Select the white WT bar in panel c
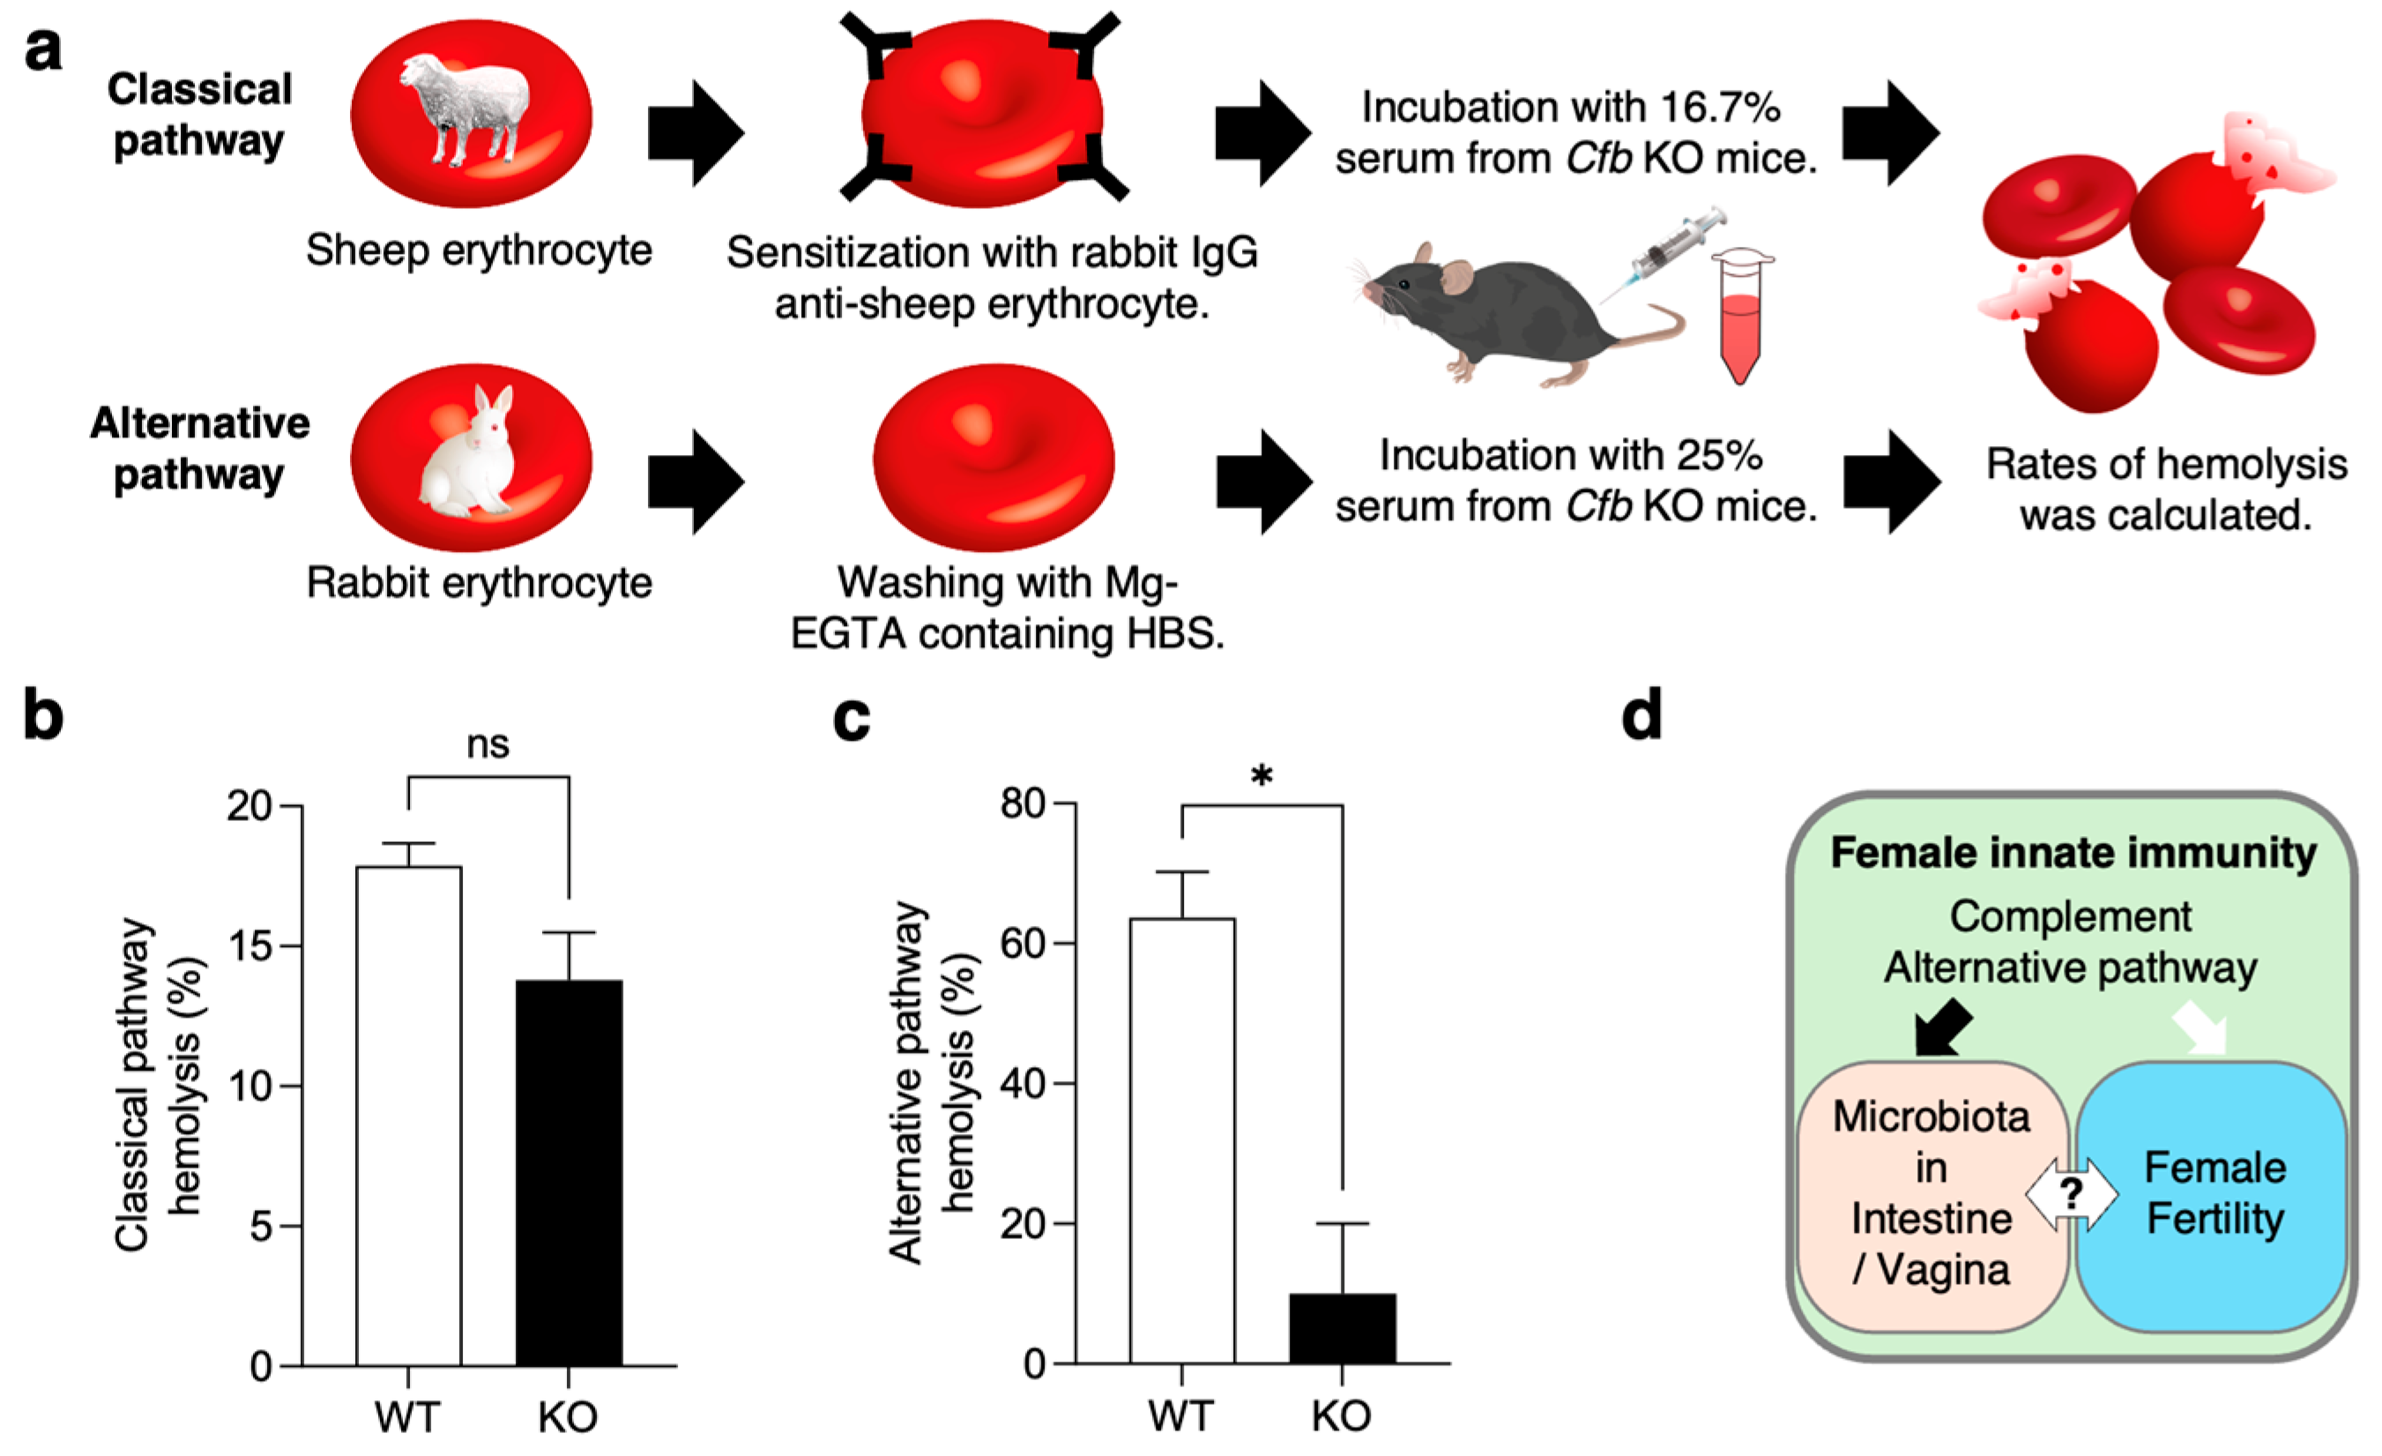(x=1182, y=1141)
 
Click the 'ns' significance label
(x=488, y=745)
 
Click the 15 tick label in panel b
(x=249, y=946)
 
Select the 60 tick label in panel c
(x=1023, y=943)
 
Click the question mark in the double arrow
(x=2071, y=1194)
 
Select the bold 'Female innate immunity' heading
(x=2073, y=854)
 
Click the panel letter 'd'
(x=1641, y=715)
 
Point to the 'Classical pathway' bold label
(x=199, y=114)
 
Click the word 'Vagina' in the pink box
(x=1943, y=1269)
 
